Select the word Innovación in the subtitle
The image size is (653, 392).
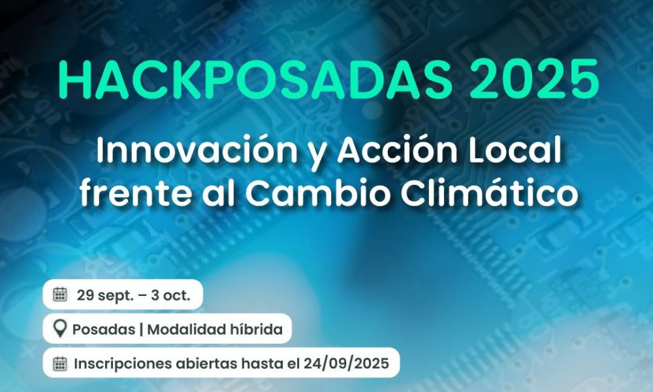pos(197,150)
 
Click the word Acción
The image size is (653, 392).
pos(397,150)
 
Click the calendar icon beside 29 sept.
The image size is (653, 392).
pos(60,295)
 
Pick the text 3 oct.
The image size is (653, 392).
pos(170,295)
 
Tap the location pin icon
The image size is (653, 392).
pos(60,329)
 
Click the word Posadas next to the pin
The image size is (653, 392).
pos(104,329)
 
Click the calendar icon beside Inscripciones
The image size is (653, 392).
pos(60,363)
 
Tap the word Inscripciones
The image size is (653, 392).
pos(123,364)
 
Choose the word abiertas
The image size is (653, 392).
pos(206,364)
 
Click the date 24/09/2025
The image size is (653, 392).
pos(346,364)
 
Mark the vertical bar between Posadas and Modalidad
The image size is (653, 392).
pos(141,329)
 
